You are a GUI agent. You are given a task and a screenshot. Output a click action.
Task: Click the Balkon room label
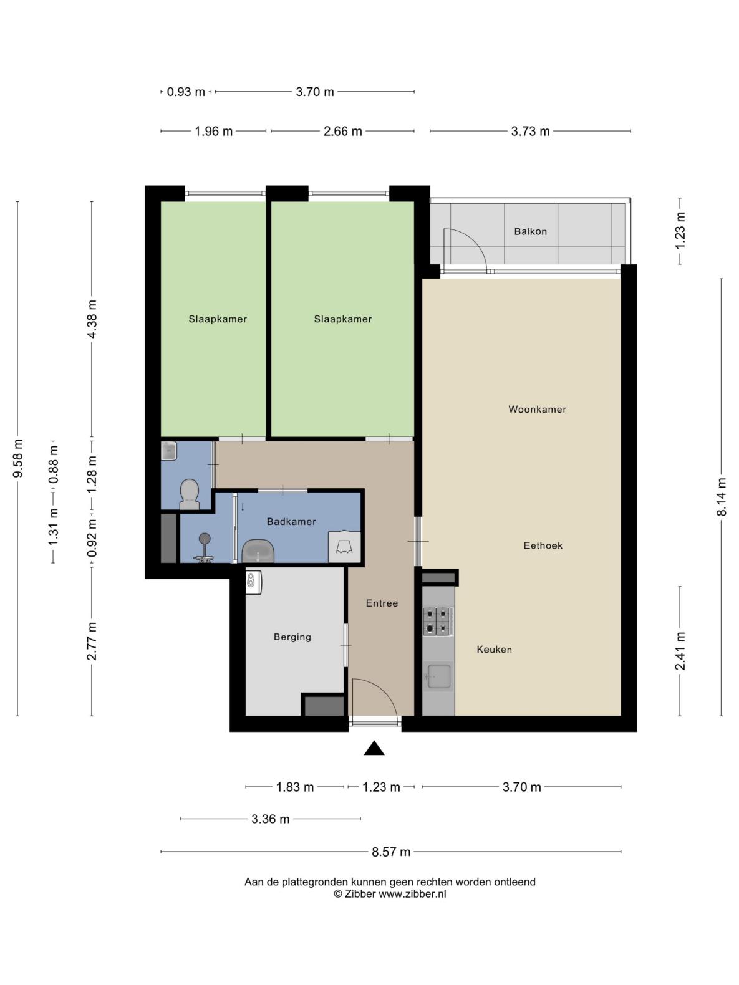(530, 231)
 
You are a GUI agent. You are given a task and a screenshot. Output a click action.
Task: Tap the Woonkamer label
(537, 409)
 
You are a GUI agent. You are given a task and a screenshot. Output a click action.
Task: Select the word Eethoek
(543, 545)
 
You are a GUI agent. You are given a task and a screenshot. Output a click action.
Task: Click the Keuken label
(494, 650)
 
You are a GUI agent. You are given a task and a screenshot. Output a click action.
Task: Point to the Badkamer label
(291, 521)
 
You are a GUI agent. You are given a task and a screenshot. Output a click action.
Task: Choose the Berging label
(292, 637)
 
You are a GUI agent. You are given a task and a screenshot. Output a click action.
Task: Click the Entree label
(382, 603)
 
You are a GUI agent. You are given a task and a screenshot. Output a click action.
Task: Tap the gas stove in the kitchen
(438, 621)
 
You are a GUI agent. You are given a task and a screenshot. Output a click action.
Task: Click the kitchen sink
(438, 676)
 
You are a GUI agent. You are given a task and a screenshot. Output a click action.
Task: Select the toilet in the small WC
(190, 494)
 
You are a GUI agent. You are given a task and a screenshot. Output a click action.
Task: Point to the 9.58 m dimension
(18, 459)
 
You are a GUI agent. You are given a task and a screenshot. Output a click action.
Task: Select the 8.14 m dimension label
(721, 497)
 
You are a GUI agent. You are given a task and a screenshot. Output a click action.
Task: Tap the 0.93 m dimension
(186, 92)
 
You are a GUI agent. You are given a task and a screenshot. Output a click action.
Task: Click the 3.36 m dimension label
(270, 819)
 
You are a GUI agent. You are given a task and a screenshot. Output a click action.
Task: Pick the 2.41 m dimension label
(680, 651)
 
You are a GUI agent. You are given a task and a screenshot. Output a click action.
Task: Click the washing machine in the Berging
(254, 582)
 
